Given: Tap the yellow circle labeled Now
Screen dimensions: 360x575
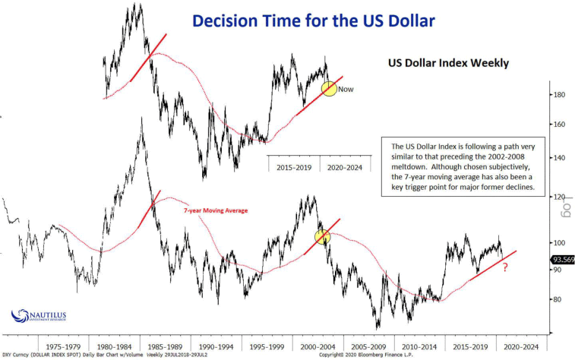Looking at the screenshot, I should click(329, 88).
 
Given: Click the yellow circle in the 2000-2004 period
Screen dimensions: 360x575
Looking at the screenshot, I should click(323, 237).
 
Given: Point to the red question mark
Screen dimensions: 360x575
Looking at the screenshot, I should click(504, 267).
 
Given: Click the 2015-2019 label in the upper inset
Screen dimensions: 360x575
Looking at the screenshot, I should click(293, 166).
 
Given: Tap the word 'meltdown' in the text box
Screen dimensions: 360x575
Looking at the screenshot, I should click(406, 167).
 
